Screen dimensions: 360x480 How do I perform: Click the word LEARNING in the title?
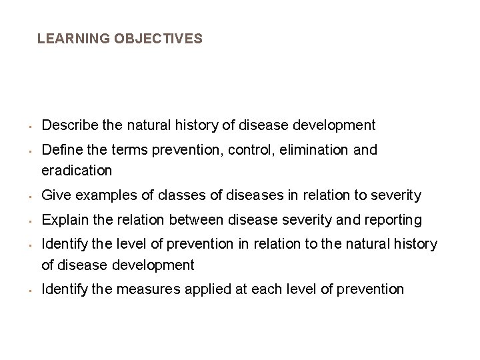point(73,39)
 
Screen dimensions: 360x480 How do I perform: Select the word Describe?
point(66,125)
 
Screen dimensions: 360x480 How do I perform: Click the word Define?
point(59,150)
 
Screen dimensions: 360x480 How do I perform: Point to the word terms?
point(123,150)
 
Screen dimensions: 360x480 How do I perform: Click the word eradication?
point(77,171)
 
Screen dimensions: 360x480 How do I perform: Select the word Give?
point(53,195)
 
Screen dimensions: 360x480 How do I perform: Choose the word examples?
point(97,195)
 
